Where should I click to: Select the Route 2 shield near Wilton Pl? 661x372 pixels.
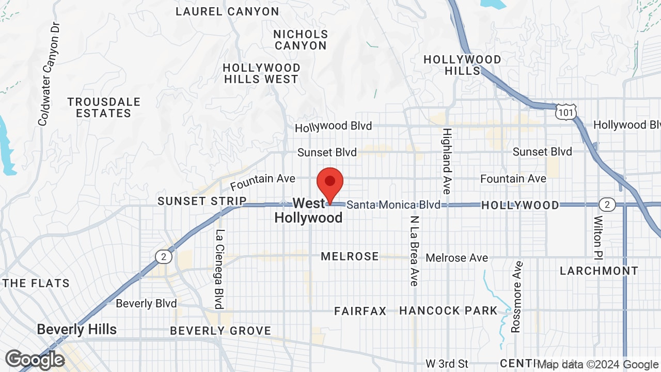(607, 205)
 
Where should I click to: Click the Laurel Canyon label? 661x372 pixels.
(227, 11)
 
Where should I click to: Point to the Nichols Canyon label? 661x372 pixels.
(301, 40)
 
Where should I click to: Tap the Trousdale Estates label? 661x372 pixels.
(104, 107)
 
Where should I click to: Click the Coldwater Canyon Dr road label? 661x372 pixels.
(50, 74)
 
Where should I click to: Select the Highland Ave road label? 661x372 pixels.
(447, 161)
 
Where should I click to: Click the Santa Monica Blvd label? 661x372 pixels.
(394, 205)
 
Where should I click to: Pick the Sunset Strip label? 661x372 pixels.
(202, 201)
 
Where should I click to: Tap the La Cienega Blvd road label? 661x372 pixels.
(219, 269)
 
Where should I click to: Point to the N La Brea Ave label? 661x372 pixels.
(414, 251)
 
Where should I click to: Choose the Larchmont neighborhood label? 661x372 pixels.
(599, 271)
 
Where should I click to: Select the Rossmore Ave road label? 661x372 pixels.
(516, 297)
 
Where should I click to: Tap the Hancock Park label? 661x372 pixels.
(448, 311)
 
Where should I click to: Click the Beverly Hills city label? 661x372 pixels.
(77, 330)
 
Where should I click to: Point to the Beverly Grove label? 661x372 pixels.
(221, 331)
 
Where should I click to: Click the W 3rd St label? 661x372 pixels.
(447, 364)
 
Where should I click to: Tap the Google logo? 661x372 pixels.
(35, 360)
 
